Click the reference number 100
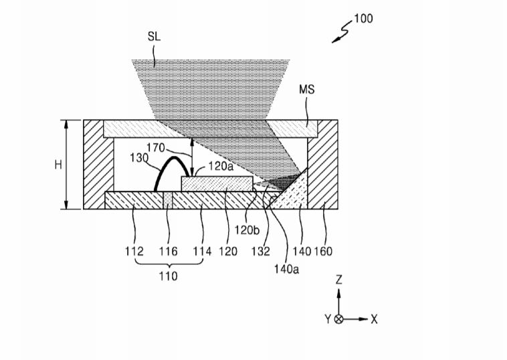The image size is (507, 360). [x=363, y=18]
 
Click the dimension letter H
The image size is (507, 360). [x=58, y=165]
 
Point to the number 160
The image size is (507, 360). [x=324, y=252]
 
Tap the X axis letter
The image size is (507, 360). [x=374, y=319]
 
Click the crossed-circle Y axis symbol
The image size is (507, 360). [x=339, y=319]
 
